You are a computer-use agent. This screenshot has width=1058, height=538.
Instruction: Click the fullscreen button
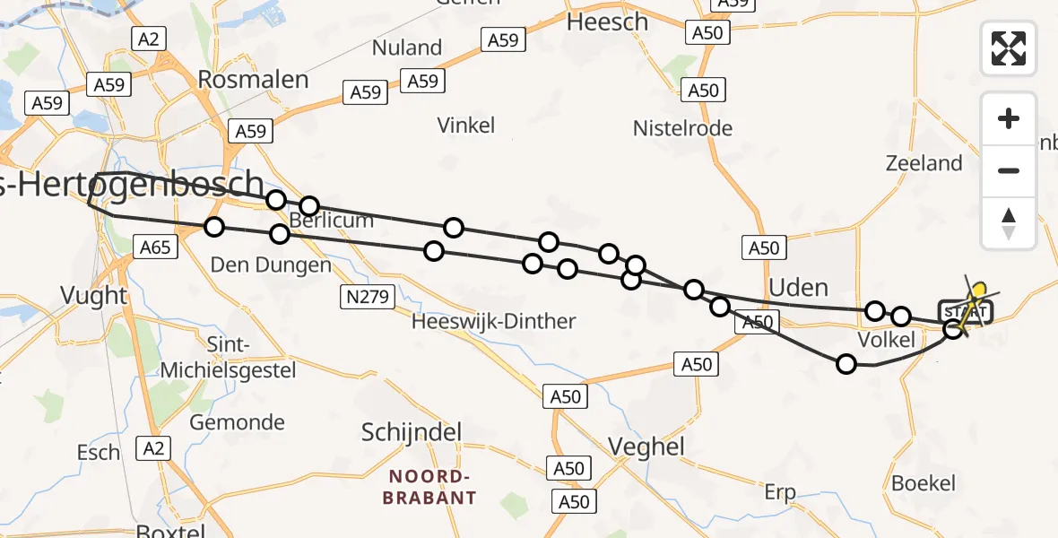coord(1009,48)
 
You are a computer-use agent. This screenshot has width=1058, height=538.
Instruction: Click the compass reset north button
coord(1009,222)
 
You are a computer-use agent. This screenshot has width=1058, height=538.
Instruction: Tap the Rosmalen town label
coord(253,79)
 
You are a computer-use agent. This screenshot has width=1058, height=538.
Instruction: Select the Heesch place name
coord(608,22)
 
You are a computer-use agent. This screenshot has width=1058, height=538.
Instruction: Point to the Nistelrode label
coord(682,128)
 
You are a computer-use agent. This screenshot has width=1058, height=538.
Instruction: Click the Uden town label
coord(798,287)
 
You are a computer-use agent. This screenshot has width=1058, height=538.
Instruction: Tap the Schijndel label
coord(411,432)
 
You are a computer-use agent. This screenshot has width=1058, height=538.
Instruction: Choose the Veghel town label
coord(646,446)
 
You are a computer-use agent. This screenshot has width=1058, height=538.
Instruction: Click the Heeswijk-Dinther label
coord(493,321)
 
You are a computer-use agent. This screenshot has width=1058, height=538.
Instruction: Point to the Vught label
coord(93,295)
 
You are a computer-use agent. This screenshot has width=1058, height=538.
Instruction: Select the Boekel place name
coord(924,482)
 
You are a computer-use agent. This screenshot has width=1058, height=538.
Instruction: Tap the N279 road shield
coord(368,296)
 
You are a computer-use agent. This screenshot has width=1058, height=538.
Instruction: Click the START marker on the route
coord(966,311)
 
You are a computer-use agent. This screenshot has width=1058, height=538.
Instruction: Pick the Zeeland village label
coord(924,163)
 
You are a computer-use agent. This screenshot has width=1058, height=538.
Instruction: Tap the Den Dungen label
coord(257,265)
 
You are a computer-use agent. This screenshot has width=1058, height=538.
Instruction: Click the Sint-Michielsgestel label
coord(229,357)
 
